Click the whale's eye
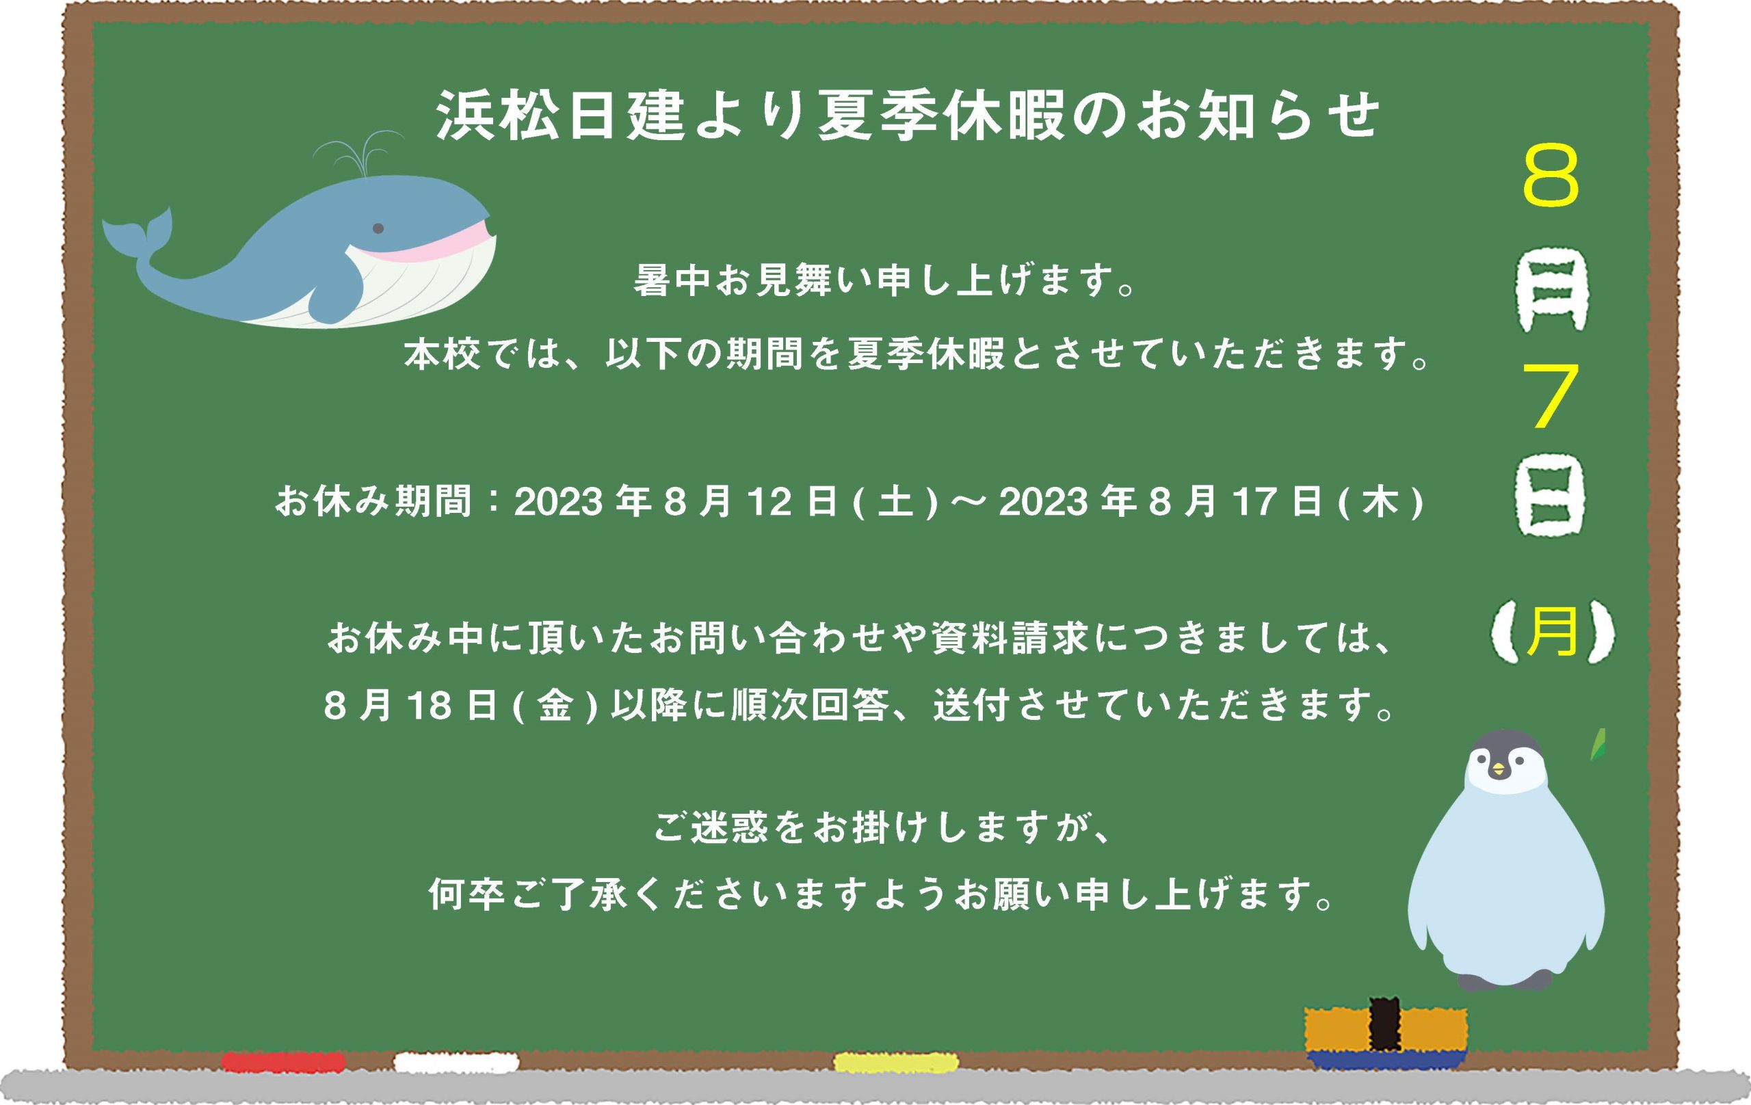(x=378, y=228)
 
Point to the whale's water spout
(x=358, y=154)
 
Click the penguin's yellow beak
(x=1498, y=769)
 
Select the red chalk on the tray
(x=283, y=1062)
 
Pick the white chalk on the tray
(x=457, y=1062)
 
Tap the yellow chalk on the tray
(x=896, y=1062)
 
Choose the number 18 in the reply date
(x=429, y=705)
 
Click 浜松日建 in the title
(x=560, y=115)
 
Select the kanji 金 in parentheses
(x=555, y=705)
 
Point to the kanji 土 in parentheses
(x=896, y=502)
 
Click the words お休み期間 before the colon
(x=373, y=502)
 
